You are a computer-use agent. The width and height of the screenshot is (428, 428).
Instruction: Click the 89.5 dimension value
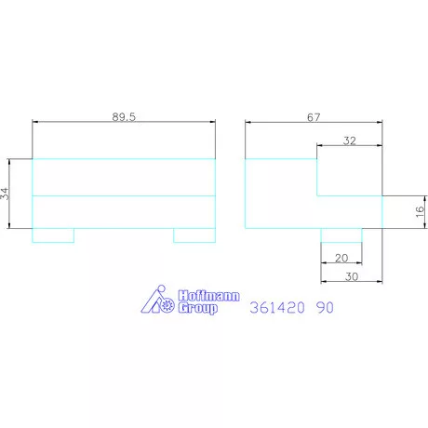pos(124,116)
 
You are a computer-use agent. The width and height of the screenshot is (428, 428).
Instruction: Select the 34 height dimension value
pos(6,194)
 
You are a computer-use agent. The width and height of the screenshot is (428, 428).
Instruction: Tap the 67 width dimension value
pos(313,116)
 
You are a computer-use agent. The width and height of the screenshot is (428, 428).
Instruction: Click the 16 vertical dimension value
pos(420,212)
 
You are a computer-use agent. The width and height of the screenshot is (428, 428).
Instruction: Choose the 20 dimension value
pos(341,258)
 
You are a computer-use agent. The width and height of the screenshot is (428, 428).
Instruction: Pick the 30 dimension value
pos(351,276)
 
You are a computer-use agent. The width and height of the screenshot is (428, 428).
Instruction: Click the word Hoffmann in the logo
pos(207,297)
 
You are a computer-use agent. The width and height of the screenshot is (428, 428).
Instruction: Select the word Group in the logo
pos(196,309)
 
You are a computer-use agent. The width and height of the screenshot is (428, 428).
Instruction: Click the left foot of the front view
pos(53,235)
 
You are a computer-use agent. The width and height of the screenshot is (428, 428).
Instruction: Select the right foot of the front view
pos(194,235)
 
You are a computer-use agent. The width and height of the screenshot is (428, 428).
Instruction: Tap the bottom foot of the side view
pos(341,235)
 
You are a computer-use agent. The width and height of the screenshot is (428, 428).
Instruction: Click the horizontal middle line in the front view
pos(124,196)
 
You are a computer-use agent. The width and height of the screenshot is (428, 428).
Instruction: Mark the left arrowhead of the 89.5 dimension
pos(35,122)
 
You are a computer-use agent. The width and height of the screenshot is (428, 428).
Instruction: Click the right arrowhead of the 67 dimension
pos(379,122)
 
